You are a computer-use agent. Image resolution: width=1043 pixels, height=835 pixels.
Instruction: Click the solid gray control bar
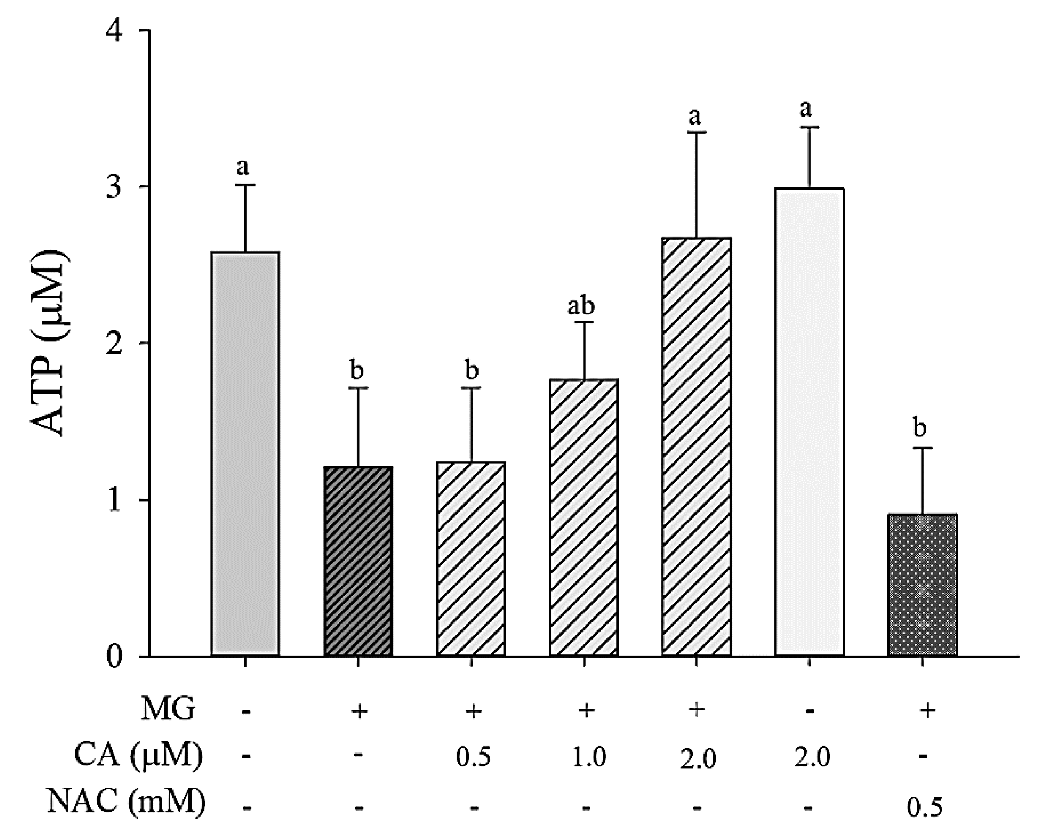coord(245,455)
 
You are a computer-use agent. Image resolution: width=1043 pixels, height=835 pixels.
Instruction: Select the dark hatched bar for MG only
coord(358,561)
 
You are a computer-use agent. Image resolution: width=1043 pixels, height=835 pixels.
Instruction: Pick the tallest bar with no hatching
coord(809,421)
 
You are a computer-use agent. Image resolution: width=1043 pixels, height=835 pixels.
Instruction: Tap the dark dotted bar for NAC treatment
coord(923,585)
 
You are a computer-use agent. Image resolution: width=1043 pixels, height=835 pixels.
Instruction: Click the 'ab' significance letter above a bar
coord(581,306)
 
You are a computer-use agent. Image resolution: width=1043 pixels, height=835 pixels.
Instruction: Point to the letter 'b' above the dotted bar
coord(920,428)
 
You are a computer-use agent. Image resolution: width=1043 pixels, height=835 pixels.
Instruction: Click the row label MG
coord(168,710)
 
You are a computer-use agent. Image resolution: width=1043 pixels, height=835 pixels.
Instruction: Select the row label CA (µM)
coord(138,756)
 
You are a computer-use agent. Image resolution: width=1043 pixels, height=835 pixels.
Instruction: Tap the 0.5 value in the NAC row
coord(924,807)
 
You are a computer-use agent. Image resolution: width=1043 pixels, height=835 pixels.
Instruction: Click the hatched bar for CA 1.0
coord(584,518)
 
